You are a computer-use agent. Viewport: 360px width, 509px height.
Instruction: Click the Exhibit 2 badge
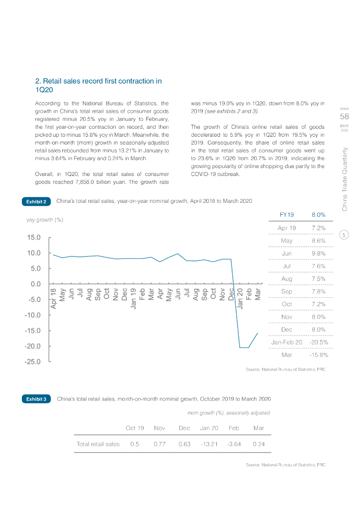(36, 201)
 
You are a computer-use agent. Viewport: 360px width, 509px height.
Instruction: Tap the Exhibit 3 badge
(36, 399)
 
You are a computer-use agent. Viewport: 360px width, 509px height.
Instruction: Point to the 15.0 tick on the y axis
(34, 238)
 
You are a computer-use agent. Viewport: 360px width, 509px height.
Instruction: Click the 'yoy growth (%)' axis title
(45, 219)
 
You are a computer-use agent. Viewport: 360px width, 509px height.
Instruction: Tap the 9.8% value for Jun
(318, 253)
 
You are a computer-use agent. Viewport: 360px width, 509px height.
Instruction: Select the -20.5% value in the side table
(318, 342)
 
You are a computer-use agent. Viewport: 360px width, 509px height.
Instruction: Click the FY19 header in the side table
(287, 215)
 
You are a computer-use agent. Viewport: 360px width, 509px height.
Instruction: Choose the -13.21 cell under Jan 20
(209, 444)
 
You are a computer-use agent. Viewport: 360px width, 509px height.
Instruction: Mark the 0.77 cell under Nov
(160, 444)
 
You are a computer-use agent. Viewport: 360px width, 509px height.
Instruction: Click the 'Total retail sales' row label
(98, 444)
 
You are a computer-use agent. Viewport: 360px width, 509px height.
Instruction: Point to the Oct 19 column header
(135, 427)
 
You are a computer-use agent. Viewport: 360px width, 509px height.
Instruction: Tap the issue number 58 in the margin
(345, 117)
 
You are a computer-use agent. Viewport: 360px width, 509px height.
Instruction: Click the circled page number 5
(345, 235)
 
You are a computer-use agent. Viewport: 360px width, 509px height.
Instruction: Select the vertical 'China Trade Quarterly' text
(345, 179)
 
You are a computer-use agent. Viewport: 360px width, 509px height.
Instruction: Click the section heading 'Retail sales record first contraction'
(98, 85)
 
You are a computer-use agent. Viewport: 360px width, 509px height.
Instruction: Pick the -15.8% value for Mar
(318, 355)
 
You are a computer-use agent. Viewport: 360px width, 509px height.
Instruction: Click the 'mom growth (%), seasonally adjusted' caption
(228, 413)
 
